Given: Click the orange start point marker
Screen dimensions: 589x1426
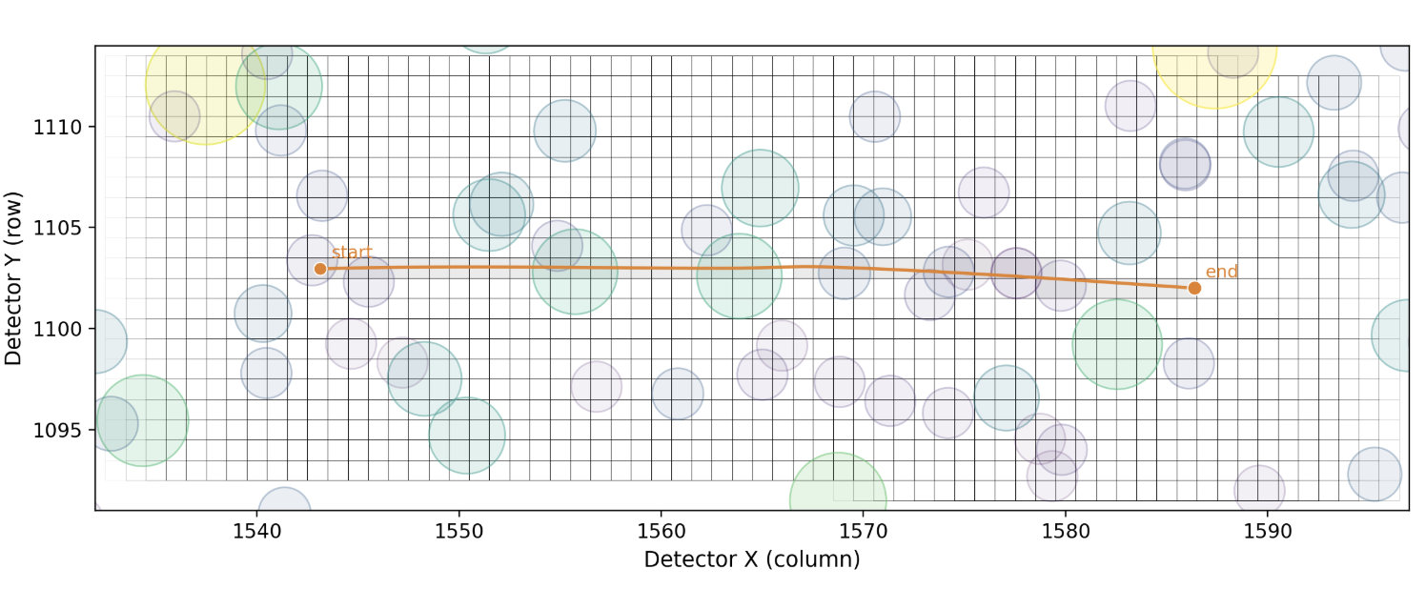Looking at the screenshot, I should (320, 269).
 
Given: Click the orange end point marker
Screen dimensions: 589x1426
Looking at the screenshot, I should (1194, 288).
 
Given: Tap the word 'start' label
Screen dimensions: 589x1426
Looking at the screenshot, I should (352, 253).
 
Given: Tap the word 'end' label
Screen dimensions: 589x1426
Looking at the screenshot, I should (1222, 272).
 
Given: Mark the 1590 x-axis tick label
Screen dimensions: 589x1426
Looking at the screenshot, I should (1267, 530).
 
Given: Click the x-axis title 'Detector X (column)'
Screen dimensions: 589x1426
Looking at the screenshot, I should (752, 559).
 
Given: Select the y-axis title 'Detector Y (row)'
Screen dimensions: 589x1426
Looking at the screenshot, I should (13, 277).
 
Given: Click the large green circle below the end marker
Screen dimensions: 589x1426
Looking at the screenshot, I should (1116, 344).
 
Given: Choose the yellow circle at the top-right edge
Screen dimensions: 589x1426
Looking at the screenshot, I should (1212, 67).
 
